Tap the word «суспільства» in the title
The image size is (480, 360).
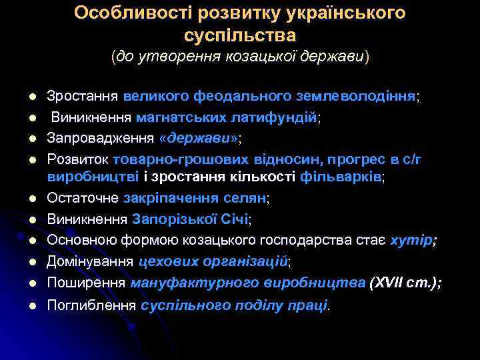[x=239, y=34]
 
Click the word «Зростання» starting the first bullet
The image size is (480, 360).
[x=83, y=97]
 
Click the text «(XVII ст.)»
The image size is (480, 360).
[x=403, y=283]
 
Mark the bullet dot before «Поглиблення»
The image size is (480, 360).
[x=31, y=306]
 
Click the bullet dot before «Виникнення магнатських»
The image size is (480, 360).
[x=31, y=119]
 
